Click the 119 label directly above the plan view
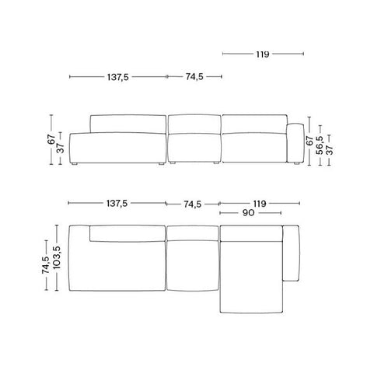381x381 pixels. coord(259,204)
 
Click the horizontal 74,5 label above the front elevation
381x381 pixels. coord(196,77)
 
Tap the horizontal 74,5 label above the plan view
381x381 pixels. coord(194,204)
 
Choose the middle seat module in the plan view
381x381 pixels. coord(194,260)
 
